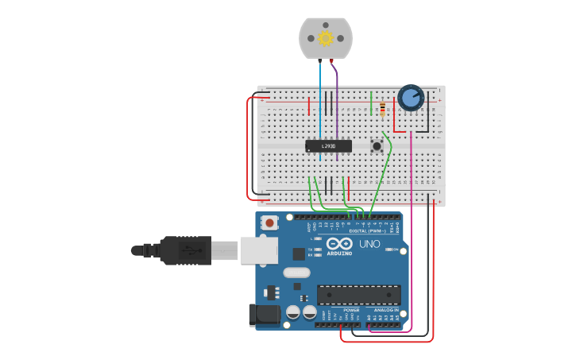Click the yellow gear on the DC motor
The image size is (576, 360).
coord(326,37)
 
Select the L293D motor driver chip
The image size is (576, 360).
coord(328,146)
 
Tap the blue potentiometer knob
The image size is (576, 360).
coord(411,98)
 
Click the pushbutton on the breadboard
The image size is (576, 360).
coord(377,145)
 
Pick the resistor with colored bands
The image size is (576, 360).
coord(383,109)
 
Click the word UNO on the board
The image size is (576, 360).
coord(369,244)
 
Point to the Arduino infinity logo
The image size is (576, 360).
coord(338,245)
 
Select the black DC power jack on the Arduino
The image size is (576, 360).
coord(264,315)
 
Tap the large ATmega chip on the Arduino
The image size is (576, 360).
coord(358,295)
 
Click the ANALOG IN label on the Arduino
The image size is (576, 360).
coord(386,310)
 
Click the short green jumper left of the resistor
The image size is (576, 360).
coord(371,103)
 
